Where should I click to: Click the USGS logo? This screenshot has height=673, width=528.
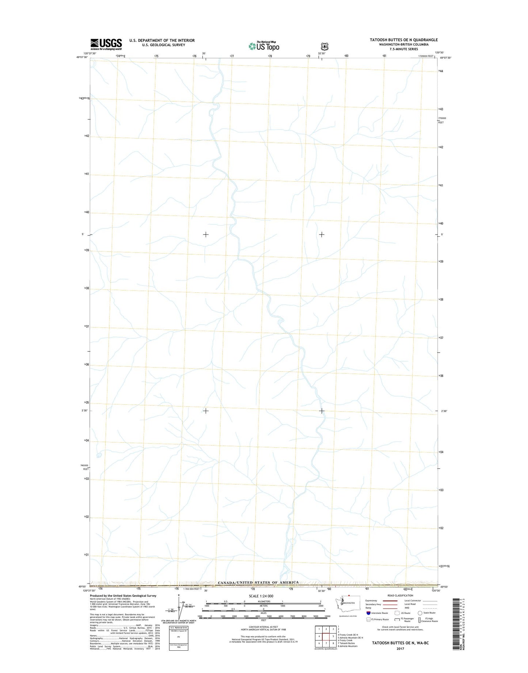(x=106, y=44)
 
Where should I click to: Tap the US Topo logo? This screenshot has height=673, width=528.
(x=264, y=46)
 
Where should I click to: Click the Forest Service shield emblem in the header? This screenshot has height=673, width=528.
(x=324, y=46)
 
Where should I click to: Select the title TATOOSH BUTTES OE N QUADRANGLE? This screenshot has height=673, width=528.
(x=403, y=40)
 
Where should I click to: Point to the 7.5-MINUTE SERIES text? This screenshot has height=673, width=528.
(x=403, y=49)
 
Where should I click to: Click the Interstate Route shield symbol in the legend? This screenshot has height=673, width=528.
(x=368, y=613)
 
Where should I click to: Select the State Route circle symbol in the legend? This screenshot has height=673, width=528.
(x=420, y=613)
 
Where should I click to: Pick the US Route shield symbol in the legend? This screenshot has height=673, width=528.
(x=397, y=613)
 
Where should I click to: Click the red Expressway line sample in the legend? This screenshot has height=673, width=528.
(x=390, y=601)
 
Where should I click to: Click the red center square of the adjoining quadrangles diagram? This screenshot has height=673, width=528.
(x=326, y=636)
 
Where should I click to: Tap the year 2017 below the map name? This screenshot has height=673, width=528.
(x=400, y=649)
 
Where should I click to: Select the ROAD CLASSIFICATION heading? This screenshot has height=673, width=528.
(x=401, y=596)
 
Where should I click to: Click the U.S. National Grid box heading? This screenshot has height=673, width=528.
(x=178, y=628)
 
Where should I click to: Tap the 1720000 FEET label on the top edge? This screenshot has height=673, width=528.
(x=426, y=56)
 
